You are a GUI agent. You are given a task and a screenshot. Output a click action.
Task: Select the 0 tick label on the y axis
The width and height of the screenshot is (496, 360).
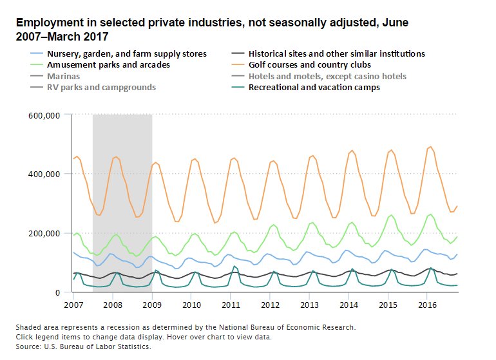57,292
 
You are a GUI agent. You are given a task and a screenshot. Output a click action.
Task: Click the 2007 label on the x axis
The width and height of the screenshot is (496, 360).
73,303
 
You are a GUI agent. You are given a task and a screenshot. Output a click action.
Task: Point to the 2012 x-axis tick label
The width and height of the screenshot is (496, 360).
270,303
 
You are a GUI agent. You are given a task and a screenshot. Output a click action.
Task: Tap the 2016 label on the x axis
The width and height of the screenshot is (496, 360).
427,303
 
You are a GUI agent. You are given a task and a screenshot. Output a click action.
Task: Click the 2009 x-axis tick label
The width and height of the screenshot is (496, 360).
152,303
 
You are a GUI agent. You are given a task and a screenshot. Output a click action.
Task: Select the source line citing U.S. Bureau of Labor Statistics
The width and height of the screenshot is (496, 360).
83,346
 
